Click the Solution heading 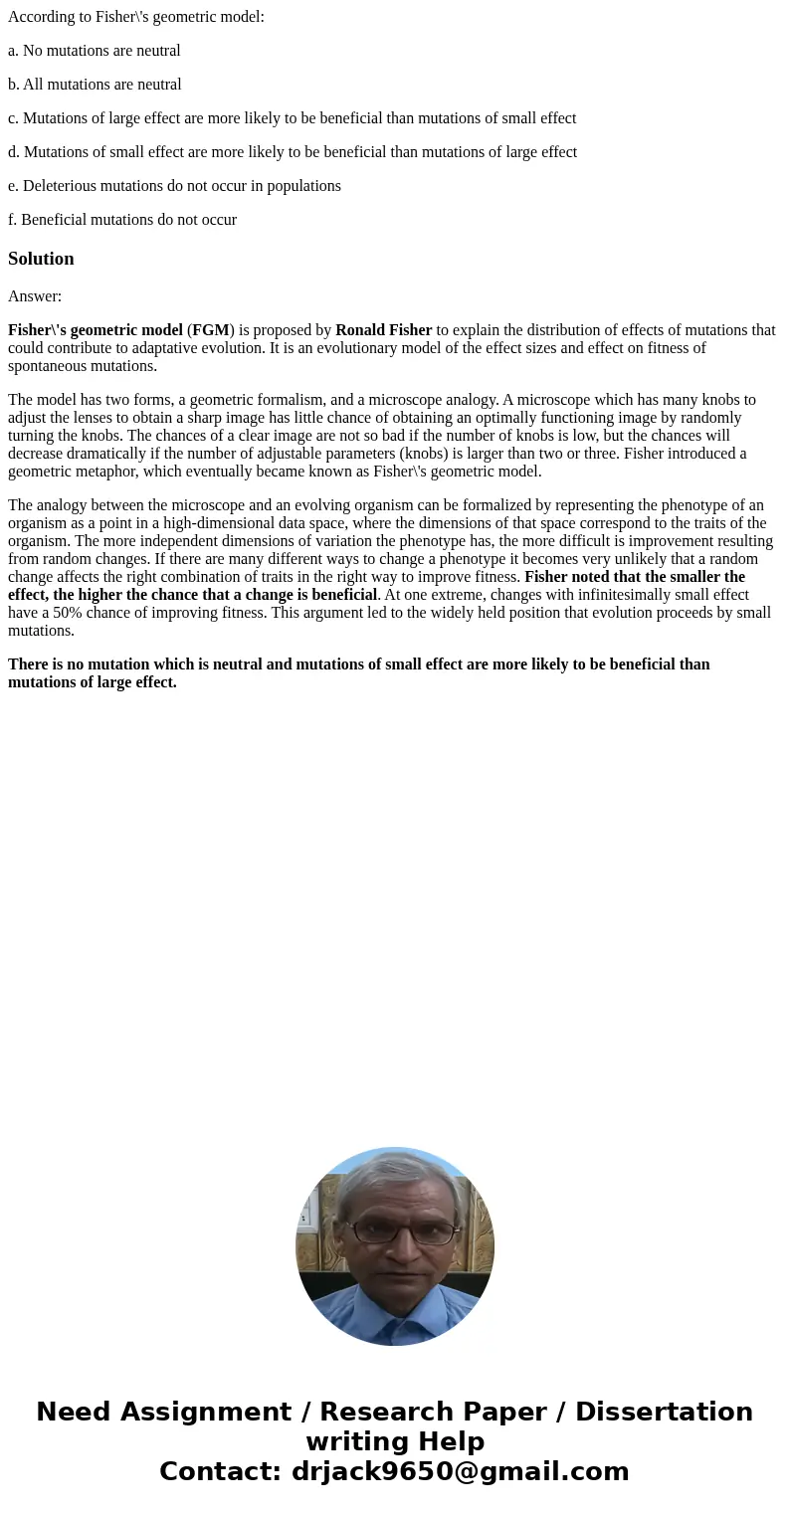[41, 259]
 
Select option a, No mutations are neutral [95, 51]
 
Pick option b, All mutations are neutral [95, 85]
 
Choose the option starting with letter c [292, 118]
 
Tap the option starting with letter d [292, 152]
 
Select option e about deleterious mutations [174, 186]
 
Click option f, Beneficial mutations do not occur [122, 220]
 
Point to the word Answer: [35, 296]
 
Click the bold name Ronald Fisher [383, 330]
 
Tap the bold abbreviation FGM [211, 330]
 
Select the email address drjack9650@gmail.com [460, 1471]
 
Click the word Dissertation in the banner [664, 1413]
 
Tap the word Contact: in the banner [220, 1471]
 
